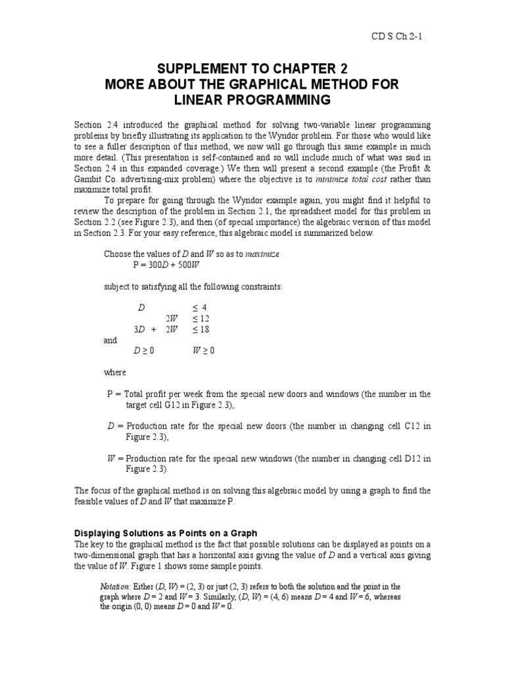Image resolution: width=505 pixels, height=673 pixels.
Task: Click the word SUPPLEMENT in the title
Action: (203, 69)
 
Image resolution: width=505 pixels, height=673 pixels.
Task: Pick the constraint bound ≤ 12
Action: (201, 318)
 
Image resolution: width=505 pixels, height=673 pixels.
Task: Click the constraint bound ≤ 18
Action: (201, 329)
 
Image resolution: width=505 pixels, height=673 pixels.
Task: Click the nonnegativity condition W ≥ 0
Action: (203, 351)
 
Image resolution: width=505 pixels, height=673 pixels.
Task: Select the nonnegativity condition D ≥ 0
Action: (144, 351)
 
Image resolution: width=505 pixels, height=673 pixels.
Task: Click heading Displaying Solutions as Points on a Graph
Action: (165, 532)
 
